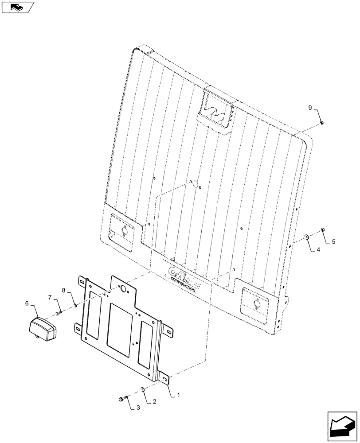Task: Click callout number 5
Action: pyautogui.click(x=334, y=242)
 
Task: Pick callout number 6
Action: pyautogui.click(x=27, y=303)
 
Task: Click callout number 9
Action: pyautogui.click(x=311, y=108)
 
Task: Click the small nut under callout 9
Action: pyautogui.click(x=322, y=124)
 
